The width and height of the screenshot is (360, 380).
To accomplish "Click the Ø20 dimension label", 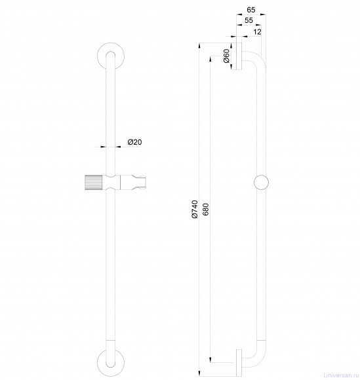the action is tap(134, 142).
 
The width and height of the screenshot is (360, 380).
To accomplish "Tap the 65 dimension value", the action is tap(251, 10).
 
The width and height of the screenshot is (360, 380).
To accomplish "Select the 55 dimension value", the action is tap(249, 20).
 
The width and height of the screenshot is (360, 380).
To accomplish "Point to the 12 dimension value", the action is tap(257, 31).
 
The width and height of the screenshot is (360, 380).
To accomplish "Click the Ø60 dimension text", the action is tap(226, 56).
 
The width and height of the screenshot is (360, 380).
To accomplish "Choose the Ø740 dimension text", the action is tap(195, 210).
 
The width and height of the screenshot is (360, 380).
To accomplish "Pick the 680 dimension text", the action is tap(205, 210).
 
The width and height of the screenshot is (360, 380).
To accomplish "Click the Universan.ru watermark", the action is tap(341, 375).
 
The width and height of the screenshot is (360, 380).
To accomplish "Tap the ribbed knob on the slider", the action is tap(94, 182).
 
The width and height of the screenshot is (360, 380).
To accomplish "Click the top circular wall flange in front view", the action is tap(111, 57).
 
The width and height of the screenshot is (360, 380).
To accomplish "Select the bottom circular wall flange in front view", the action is tap(111, 363).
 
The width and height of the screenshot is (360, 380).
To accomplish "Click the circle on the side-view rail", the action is tap(261, 182).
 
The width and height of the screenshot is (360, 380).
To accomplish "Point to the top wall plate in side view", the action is tap(239, 56).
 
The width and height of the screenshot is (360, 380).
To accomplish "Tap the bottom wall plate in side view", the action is tap(239, 363).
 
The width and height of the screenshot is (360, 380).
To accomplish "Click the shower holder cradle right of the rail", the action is tap(133, 182).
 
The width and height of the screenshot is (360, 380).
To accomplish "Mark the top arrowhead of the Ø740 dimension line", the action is tap(199, 45).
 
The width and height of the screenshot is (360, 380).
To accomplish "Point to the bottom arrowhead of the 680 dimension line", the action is tap(210, 360).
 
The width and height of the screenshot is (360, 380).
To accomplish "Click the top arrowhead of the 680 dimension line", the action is tap(210, 59).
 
